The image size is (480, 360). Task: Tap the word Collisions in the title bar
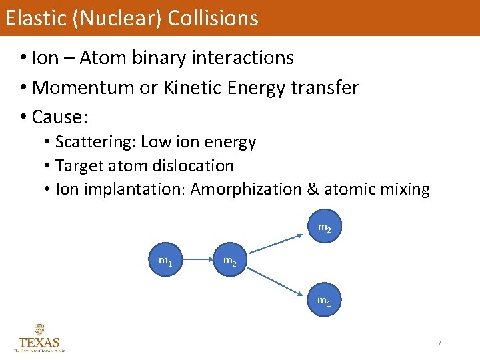[x=213, y=18]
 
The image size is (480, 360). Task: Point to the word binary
[x=160, y=58]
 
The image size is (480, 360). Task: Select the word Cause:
[x=60, y=117]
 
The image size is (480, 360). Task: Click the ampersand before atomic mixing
[x=313, y=189]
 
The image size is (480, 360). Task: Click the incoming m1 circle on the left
[x=165, y=259]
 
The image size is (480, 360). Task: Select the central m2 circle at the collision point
[x=229, y=260]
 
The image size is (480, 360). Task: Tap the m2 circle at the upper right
[x=324, y=227]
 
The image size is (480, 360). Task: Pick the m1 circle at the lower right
[x=324, y=301]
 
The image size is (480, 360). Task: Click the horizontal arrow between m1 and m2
[x=197, y=259]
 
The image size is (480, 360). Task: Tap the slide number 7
[x=439, y=343]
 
